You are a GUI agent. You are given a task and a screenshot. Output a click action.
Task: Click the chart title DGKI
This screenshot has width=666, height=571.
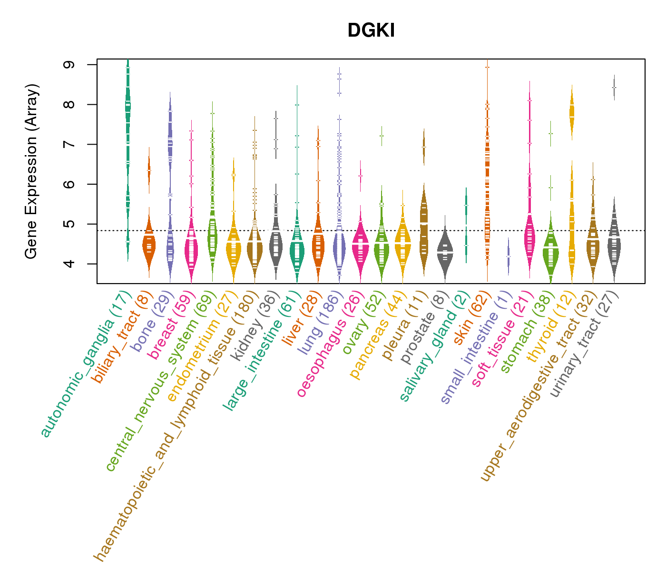[x=371, y=30]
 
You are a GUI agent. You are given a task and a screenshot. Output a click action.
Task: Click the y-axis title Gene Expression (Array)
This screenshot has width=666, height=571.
[x=31, y=171]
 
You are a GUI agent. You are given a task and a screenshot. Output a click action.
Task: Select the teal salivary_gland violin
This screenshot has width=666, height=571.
[x=466, y=224]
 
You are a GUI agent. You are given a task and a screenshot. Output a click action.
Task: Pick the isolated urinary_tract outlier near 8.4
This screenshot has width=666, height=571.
[x=614, y=88]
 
